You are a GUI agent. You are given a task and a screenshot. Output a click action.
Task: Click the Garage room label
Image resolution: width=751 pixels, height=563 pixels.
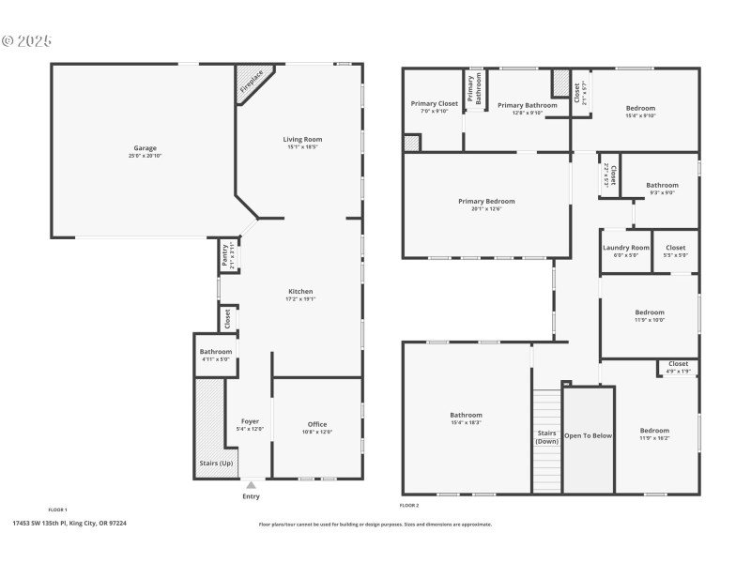point(144,148)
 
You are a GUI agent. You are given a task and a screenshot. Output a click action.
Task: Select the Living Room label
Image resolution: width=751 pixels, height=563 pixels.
point(301,139)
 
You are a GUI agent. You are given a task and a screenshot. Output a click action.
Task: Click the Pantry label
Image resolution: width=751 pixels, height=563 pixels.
point(225,255)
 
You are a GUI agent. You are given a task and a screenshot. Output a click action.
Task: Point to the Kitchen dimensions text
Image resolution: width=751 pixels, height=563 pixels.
point(300,299)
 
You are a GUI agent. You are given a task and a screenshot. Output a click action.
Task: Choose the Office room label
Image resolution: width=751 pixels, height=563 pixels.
point(317,424)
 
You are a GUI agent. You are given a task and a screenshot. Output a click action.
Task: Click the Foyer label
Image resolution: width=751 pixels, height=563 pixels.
point(250,421)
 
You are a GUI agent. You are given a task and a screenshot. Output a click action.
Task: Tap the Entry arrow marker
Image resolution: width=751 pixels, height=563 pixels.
point(251,485)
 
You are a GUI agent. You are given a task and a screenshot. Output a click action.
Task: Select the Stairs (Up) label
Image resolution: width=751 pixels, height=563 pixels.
point(215,464)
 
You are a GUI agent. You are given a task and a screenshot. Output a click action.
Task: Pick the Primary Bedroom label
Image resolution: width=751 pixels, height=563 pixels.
point(486,201)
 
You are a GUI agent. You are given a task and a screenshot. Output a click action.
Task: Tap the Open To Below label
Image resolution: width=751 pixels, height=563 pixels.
point(588,435)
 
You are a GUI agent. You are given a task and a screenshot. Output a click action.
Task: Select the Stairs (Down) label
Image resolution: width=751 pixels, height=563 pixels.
point(546,436)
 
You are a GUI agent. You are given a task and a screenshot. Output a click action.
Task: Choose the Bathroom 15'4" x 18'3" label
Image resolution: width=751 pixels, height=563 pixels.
point(466,415)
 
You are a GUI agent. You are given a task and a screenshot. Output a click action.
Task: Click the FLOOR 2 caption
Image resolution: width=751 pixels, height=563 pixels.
point(408,505)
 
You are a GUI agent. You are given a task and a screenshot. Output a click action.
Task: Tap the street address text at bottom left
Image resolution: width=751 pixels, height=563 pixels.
point(69,524)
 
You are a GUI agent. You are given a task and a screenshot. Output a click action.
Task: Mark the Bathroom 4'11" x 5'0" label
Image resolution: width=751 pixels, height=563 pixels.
point(215,352)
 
